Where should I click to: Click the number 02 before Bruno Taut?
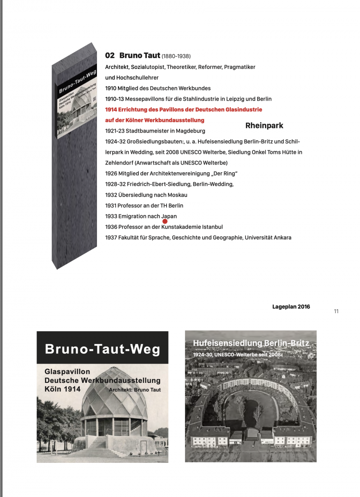pos(110,55)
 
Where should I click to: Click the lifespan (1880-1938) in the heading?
pos(176,56)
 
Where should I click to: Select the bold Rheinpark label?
pos(264,126)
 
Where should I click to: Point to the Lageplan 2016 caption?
pos(291,307)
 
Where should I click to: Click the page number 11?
pos(336,311)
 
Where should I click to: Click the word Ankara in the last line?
pos(281,238)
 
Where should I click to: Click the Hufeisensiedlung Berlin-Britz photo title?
pos(251,344)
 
